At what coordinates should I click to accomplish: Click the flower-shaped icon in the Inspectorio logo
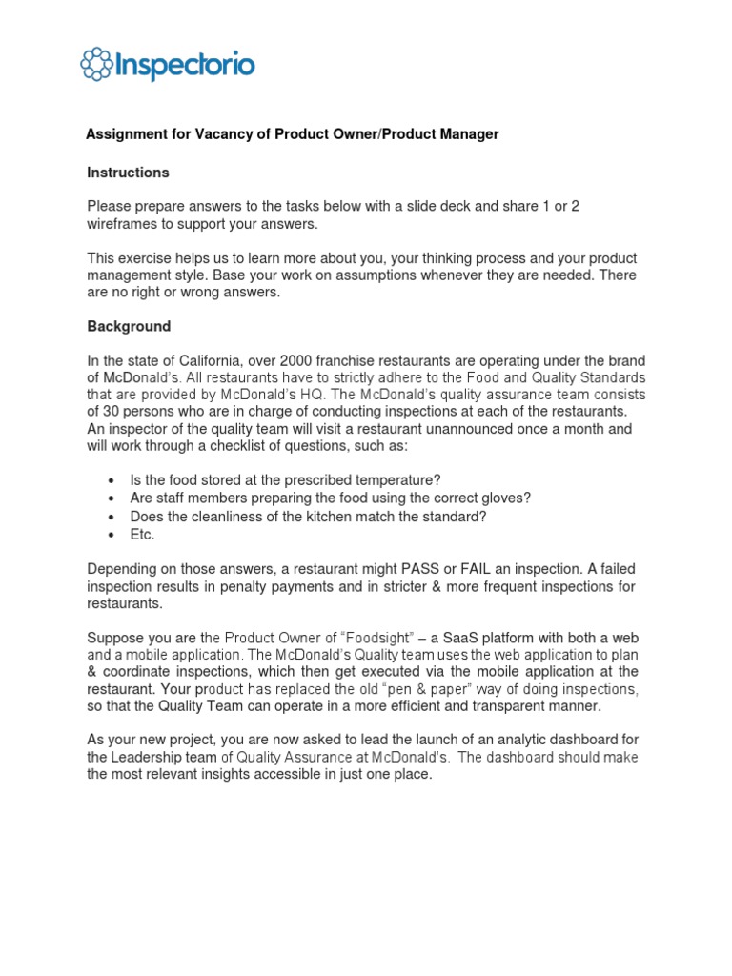(x=96, y=65)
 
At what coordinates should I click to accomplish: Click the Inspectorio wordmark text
(x=184, y=65)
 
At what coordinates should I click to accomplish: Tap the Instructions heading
(x=128, y=173)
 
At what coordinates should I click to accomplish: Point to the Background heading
(x=129, y=326)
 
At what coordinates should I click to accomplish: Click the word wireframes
(x=124, y=224)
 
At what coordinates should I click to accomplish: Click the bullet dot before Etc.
(x=113, y=536)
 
